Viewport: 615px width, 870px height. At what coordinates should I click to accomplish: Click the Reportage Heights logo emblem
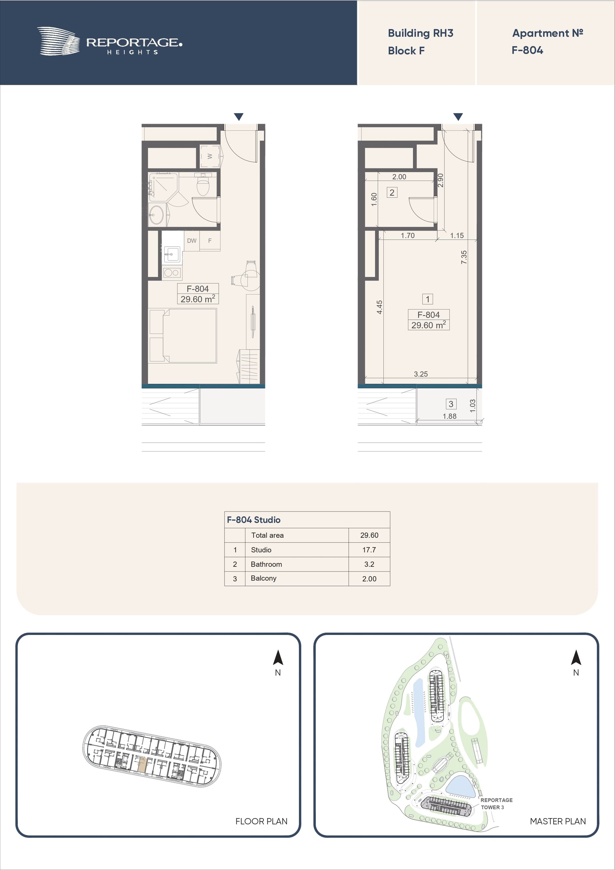58,41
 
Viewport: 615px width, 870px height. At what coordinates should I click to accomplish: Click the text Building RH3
420,33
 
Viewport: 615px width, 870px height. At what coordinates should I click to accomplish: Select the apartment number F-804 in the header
527,50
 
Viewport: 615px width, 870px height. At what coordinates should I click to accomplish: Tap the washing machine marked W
209,156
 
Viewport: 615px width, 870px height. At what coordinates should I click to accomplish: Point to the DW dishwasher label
192,241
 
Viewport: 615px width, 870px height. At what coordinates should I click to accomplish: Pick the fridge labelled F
210,241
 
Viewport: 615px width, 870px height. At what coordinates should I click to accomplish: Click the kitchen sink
172,254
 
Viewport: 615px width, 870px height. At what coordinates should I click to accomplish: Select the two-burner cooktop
172,273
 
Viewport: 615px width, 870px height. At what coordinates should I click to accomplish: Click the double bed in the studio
183,336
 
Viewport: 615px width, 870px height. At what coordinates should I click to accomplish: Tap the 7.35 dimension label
464,257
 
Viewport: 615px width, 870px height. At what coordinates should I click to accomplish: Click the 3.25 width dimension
421,374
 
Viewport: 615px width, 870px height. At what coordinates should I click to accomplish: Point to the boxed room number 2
392,193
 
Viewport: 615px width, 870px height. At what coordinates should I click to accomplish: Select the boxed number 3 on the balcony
451,404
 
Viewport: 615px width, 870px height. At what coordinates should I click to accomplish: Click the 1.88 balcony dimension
449,416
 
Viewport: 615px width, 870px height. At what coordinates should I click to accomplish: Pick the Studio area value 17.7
369,550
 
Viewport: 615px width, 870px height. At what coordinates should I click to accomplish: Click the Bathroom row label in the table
266,564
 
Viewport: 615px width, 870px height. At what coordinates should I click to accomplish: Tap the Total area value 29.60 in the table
369,535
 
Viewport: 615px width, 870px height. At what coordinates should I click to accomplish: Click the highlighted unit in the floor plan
141,765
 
